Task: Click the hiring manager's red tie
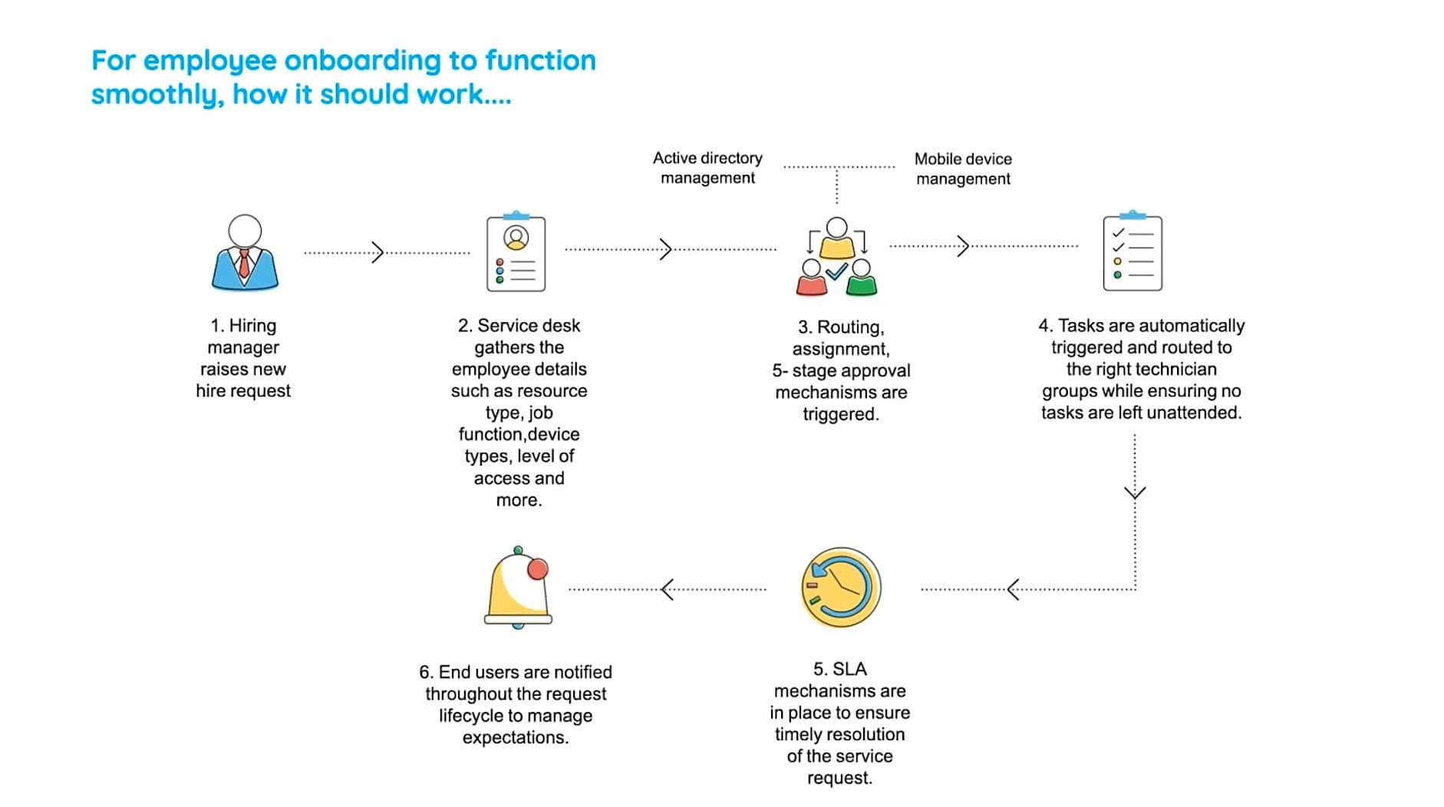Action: point(244,263)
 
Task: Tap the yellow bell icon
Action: point(518,588)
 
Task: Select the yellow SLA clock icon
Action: point(840,588)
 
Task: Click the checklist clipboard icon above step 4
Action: point(1132,253)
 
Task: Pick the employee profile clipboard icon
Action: point(516,253)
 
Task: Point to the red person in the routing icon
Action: point(811,278)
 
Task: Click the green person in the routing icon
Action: point(862,278)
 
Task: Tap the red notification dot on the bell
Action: point(538,568)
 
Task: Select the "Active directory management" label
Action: point(707,168)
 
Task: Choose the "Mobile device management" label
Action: point(963,169)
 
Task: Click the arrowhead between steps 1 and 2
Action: point(377,252)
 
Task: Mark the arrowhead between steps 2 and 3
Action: point(666,249)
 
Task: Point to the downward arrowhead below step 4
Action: point(1135,492)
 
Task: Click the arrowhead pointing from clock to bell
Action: point(668,589)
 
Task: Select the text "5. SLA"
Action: point(839,669)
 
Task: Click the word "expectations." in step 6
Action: point(516,737)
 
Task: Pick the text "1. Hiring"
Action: point(243,325)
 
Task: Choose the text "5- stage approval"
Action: point(841,371)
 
